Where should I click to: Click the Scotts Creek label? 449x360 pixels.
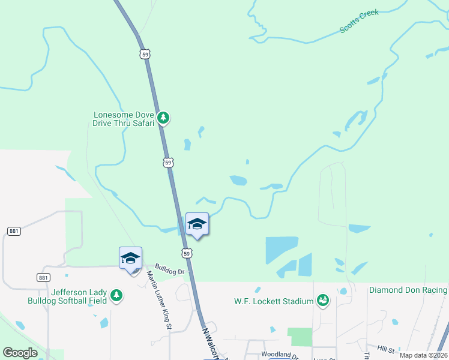[x=359, y=21]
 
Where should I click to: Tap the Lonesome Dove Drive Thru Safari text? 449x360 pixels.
[x=124, y=118]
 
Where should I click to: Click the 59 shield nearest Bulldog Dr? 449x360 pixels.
[x=188, y=254]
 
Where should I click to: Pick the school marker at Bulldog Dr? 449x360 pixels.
[x=130, y=259]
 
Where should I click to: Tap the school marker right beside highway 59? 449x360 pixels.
[x=197, y=224]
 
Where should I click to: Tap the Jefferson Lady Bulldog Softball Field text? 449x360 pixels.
[x=79, y=296]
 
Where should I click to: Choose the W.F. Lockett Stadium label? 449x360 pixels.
[x=273, y=301]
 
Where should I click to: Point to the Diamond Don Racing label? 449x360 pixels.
[x=408, y=290]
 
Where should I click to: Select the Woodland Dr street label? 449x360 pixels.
[x=280, y=356]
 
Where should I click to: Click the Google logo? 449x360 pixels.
[x=20, y=352]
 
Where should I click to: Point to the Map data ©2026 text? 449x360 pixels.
[x=423, y=355]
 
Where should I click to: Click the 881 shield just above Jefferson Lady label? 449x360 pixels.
[x=43, y=277]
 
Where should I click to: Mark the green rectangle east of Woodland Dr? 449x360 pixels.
[x=300, y=337]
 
